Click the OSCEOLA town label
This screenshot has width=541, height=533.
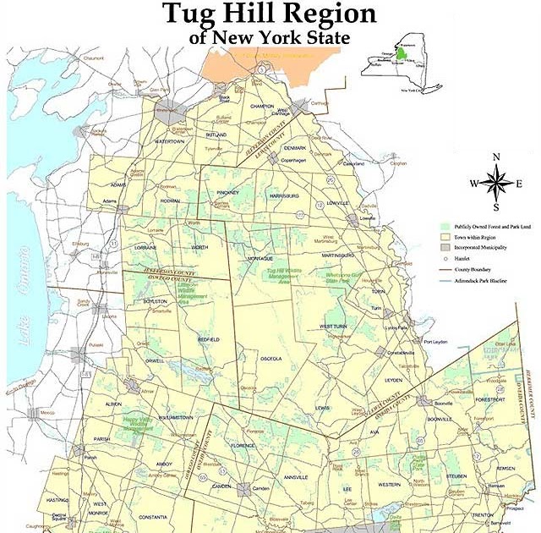pos(270,357)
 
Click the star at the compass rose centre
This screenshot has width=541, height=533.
pos(496,183)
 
